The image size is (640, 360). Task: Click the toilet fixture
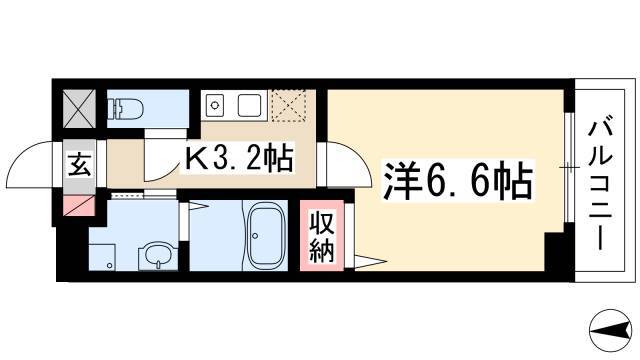click(x=125, y=108)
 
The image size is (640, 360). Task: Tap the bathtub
click(x=266, y=236)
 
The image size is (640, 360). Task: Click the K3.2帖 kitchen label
click(x=238, y=158)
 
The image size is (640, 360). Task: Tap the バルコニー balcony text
click(x=600, y=183)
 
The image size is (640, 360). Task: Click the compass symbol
click(x=611, y=331)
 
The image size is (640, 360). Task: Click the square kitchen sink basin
click(x=250, y=105)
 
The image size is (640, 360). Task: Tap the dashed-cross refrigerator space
click(x=289, y=106)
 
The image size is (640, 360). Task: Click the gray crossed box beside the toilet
click(x=79, y=109)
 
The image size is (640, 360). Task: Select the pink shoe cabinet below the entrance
click(x=79, y=205)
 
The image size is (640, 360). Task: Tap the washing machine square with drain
click(x=102, y=257)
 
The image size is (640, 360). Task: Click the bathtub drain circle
click(x=255, y=236)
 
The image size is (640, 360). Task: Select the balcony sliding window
click(x=569, y=167)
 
